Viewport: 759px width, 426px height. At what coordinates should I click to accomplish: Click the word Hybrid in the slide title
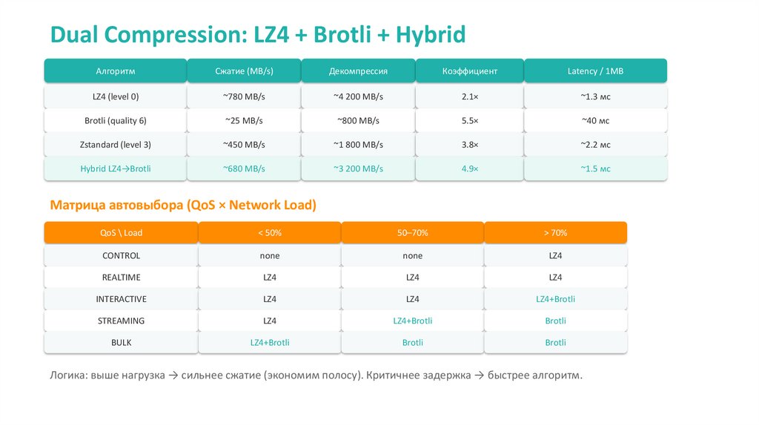click(x=431, y=34)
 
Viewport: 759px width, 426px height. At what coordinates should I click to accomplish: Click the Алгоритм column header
click(x=115, y=71)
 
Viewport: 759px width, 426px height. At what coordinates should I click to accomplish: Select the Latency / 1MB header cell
click(x=595, y=71)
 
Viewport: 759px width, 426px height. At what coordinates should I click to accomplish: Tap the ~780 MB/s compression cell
click(x=244, y=96)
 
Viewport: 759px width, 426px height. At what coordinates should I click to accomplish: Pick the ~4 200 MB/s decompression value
click(x=358, y=96)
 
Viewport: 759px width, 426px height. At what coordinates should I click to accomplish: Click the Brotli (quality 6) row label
click(x=115, y=120)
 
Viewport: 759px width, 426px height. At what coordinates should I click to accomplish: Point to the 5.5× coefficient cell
click(x=469, y=120)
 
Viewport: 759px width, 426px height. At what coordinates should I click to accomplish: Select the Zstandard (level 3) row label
click(x=115, y=145)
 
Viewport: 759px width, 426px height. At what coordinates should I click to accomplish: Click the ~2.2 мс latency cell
click(x=595, y=145)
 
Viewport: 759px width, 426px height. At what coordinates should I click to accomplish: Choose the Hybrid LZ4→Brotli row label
click(x=115, y=168)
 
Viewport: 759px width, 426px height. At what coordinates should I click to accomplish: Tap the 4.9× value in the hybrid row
click(x=469, y=168)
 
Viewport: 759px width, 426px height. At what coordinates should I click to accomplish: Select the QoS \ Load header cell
click(x=121, y=232)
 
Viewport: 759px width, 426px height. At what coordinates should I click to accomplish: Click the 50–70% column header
click(x=412, y=232)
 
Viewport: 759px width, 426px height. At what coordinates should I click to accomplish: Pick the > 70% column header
click(x=555, y=232)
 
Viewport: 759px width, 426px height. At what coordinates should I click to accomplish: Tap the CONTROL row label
click(x=121, y=255)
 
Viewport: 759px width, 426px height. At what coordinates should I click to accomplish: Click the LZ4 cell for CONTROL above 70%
click(x=555, y=255)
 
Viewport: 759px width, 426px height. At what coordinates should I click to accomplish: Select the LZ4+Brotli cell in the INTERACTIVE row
click(x=555, y=299)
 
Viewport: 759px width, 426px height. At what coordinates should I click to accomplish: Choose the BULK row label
click(x=121, y=343)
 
